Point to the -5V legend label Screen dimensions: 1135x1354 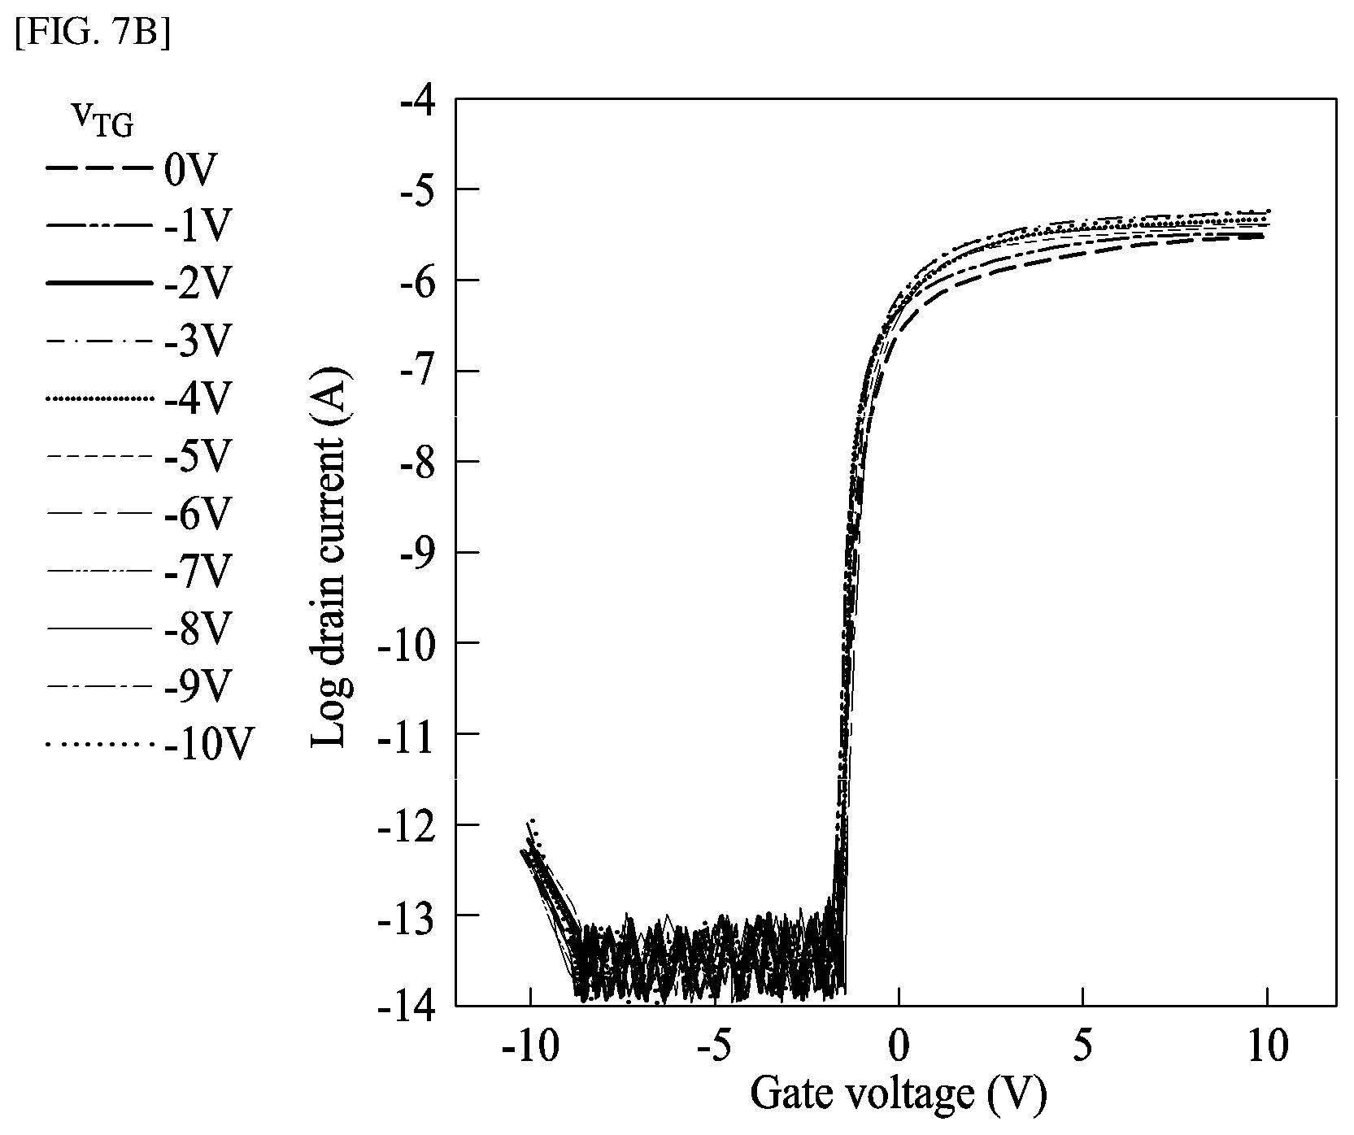pos(198,457)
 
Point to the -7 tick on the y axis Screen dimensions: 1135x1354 pos(416,371)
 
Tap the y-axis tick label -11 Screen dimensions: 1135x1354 pos(407,733)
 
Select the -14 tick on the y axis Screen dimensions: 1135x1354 pos(407,1006)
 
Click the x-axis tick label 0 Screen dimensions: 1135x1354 pos(899,1047)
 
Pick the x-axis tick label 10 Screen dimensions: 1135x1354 pos(1267,1047)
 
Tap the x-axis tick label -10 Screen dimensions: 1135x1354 pos(530,1047)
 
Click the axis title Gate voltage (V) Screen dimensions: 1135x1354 pos(898,1095)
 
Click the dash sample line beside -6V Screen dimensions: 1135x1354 pos(99,514)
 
